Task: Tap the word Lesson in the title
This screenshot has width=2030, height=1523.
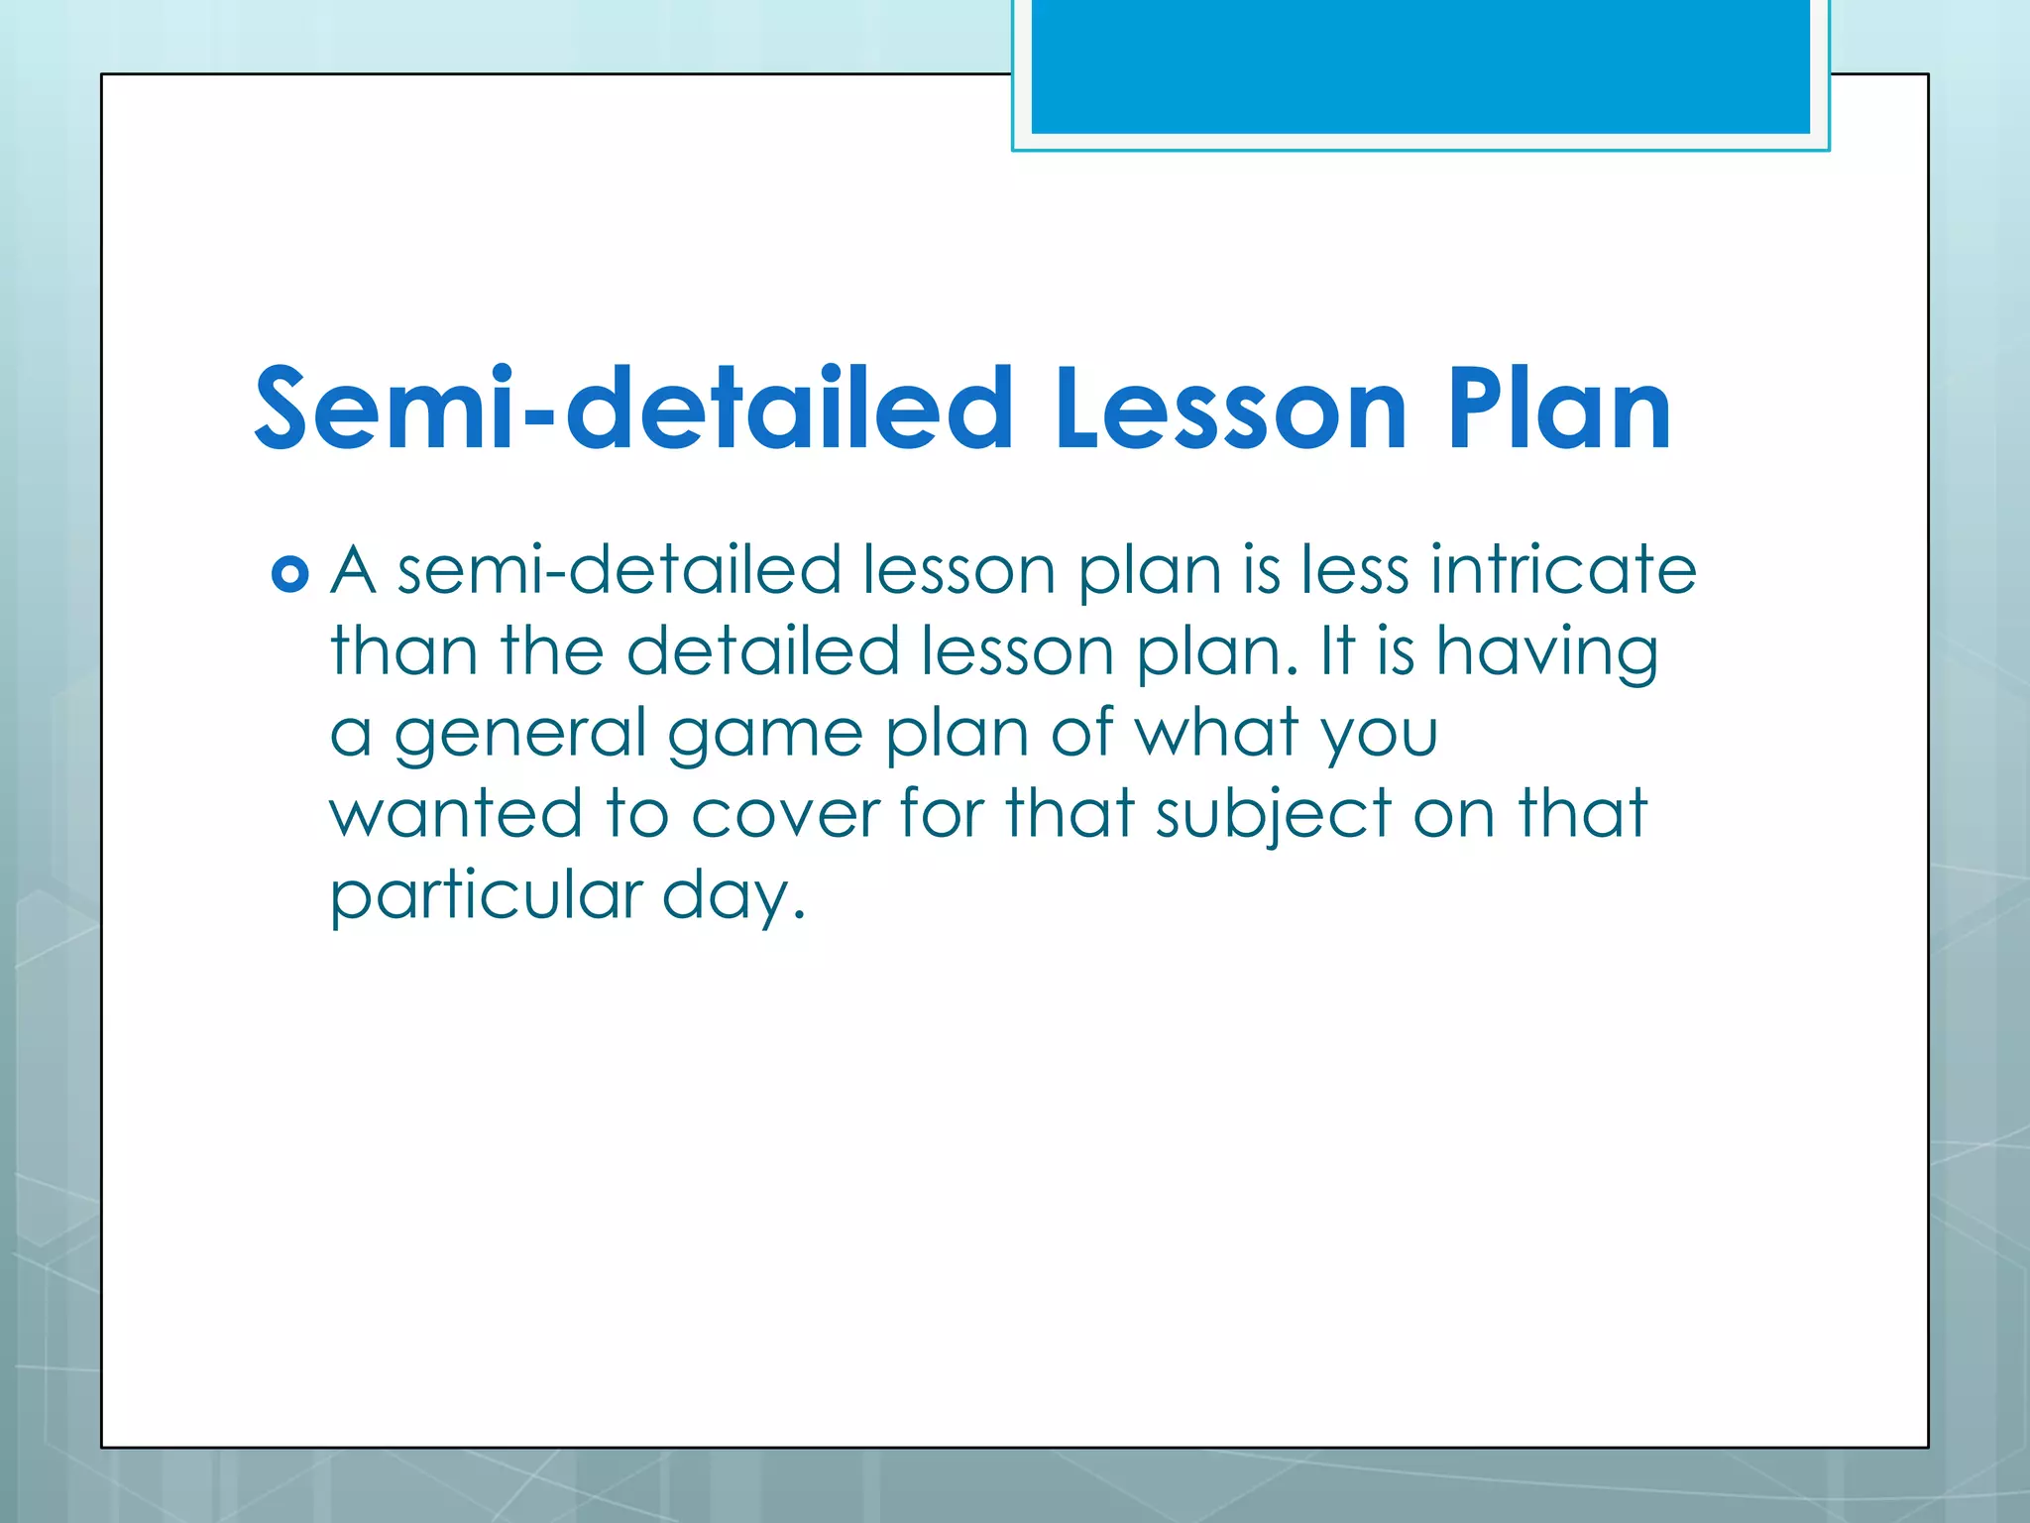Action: pos(1230,409)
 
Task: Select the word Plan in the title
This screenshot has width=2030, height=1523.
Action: pos(1559,409)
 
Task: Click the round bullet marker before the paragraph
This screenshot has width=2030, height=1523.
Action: pos(289,574)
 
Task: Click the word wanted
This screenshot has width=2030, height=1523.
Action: pos(456,813)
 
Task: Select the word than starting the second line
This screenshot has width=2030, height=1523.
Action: pos(403,652)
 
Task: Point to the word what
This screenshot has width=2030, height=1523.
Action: pos(1216,734)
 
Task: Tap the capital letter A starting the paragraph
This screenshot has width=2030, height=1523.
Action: pos(353,571)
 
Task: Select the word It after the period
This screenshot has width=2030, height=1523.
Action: pos(1337,652)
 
